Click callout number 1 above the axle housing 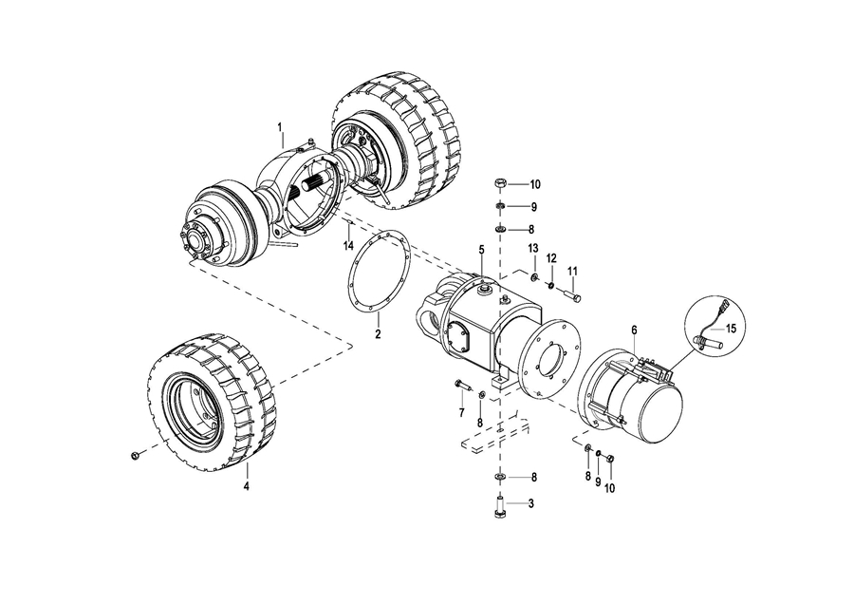(x=280, y=127)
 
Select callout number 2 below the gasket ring (x=378, y=333)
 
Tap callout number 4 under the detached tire (x=246, y=485)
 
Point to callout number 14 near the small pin (x=348, y=246)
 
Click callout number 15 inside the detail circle (x=731, y=329)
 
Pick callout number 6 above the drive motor (x=634, y=330)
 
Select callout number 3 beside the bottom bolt (x=531, y=503)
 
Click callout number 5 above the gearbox (x=481, y=250)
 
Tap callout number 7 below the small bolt (x=461, y=413)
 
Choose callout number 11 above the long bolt (x=572, y=271)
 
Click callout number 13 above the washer (x=532, y=249)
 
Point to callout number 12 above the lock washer (x=551, y=257)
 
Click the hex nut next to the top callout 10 (x=500, y=183)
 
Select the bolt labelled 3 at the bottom (x=499, y=507)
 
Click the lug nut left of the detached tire (x=135, y=455)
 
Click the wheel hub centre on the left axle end (x=195, y=238)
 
